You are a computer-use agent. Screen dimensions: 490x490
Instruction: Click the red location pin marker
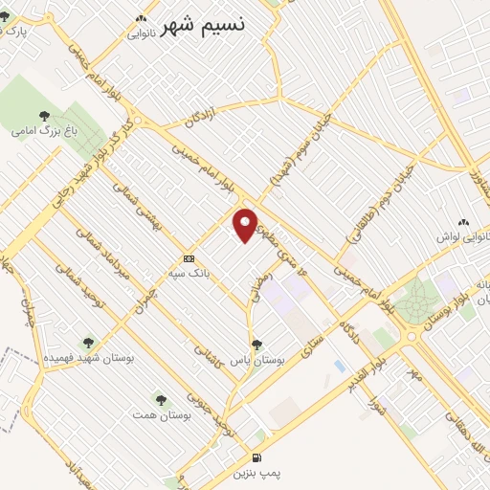247,225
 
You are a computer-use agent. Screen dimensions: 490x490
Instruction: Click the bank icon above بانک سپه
189,258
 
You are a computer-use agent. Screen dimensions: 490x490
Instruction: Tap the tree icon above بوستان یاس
256,344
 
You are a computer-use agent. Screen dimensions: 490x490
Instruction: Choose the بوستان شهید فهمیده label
87,356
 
